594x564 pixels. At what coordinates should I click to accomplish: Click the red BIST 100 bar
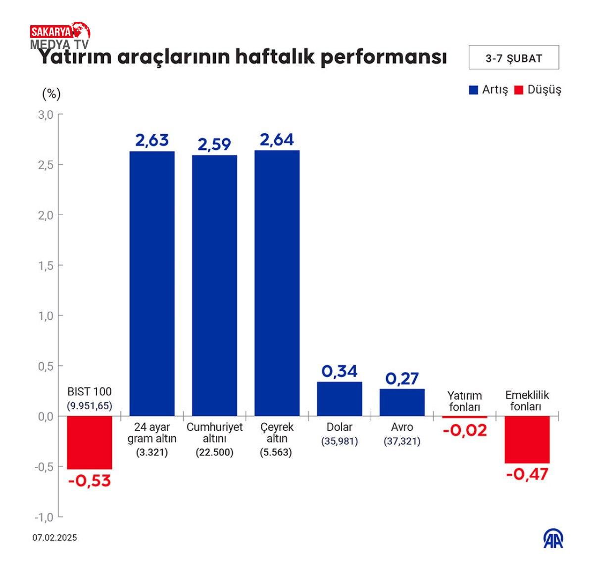click(90, 442)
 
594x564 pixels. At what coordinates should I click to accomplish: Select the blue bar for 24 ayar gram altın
click(152, 283)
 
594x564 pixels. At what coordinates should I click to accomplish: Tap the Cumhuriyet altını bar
click(214, 285)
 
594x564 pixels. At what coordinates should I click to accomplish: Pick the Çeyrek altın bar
click(277, 283)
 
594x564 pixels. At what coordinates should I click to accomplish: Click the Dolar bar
click(340, 399)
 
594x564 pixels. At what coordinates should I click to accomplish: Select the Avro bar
click(402, 402)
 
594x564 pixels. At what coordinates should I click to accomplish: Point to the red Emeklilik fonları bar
click(527, 439)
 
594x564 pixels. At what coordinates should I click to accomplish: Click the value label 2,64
click(277, 140)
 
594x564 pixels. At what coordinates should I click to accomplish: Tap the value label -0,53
click(90, 480)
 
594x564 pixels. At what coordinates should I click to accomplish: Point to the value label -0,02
click(465, 430)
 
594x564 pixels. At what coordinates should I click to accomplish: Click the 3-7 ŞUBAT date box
click(514, 58)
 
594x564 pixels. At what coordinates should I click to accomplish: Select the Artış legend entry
click(489, 90)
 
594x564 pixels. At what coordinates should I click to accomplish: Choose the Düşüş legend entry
click(538, 90)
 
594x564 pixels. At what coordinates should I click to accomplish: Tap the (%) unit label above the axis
click(51, 94)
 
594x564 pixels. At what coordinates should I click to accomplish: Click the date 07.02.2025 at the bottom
click(55, 538)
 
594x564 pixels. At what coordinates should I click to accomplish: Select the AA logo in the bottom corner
click(553, 539)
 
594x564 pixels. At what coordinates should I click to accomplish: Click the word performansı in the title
click(384, 57)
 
